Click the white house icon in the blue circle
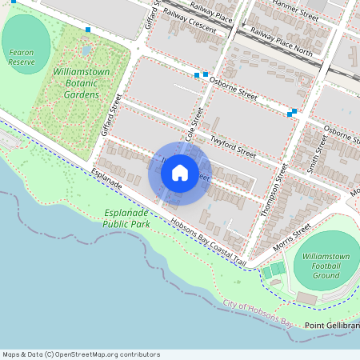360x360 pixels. pos(180,173)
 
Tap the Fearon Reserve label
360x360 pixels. pos(22,57)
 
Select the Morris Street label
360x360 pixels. pos(290,238)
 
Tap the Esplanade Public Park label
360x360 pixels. pos(126,219)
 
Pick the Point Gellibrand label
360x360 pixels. pos(331,326)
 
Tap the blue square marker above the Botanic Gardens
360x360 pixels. pos(88,30)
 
